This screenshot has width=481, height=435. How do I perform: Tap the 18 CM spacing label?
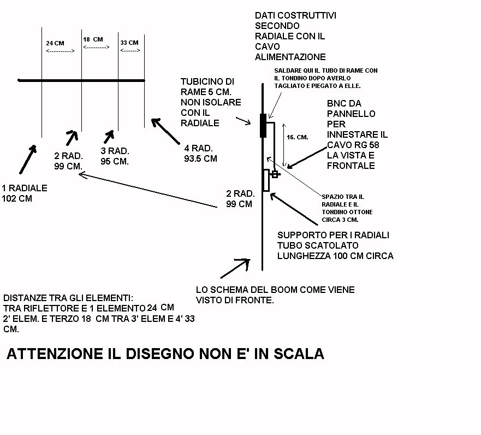click(x=93, y=39)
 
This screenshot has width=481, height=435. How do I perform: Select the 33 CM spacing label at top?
click(x=129, y=43)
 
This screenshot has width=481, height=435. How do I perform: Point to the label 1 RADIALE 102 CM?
click(x=25, y=193)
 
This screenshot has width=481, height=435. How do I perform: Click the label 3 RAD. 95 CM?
click(x=115, y=156)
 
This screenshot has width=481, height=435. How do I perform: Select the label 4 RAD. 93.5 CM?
click(x=201, y=153)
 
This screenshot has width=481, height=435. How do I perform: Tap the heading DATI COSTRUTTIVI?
click(x=295, y=16)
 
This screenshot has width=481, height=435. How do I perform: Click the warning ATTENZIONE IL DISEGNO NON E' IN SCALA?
click(x=165, y=354)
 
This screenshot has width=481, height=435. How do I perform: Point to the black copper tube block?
click(x=264, y=126)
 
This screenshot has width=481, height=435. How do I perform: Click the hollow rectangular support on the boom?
click(x=266, y=180)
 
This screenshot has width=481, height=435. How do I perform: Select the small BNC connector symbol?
click(x=276, y=174)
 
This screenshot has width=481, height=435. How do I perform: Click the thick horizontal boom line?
click(x=82, y=81)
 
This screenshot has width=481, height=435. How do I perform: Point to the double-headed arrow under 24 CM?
click(x=60, y=51)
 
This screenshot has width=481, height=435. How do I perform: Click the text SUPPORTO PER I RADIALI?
click(x=333, y=235)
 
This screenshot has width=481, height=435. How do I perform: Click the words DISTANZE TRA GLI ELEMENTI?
click(x=68, y=298)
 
